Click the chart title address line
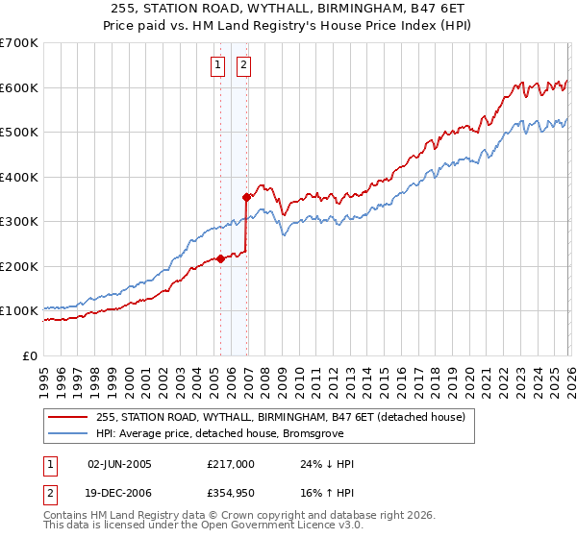pos(288,10)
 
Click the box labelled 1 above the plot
pos(216,65)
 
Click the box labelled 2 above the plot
pos(242,65)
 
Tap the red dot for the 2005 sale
pos(221,258)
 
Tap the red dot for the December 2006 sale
pos(247,197)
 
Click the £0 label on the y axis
pos(29,355)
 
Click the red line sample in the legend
pos(67,417)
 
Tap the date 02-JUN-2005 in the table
pos(119,464)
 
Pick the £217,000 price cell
pos(231,464)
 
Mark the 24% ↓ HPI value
pos(327,464)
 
